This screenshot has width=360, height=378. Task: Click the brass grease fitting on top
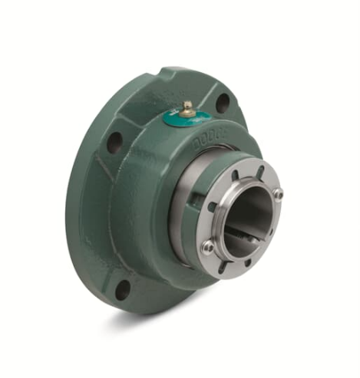(187, 107)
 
